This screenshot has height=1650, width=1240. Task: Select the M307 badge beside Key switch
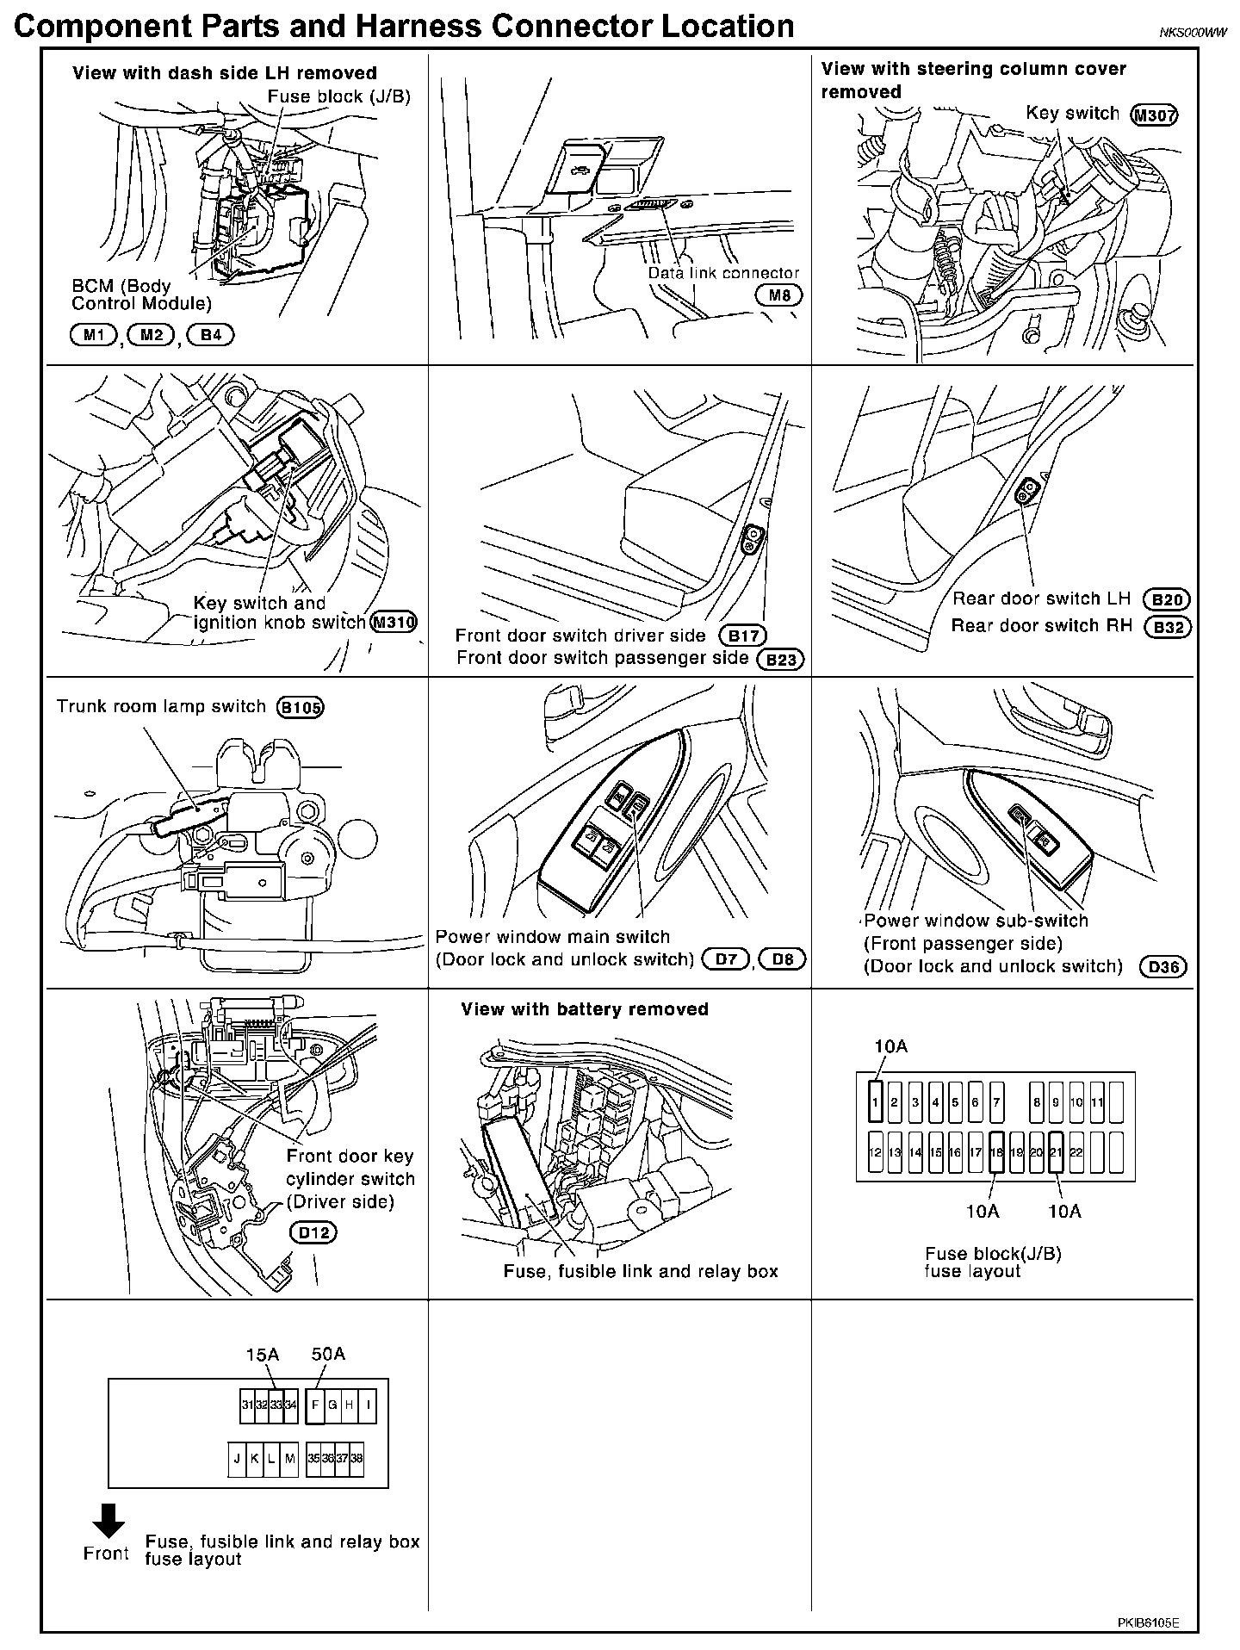pos(1154,115)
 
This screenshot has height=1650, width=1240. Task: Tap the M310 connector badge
pos(394,623)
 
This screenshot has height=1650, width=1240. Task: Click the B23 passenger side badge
pos(780,660)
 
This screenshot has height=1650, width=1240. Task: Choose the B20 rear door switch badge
pos(1167,599)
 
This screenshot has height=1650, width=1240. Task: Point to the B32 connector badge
pos(1168,627)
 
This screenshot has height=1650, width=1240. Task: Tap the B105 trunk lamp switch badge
pos(300,708)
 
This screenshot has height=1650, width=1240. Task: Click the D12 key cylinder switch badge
pos(313,1232)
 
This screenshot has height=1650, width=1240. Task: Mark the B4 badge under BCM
pos(211,334)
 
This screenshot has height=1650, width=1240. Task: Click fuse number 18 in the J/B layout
pos(996,1152)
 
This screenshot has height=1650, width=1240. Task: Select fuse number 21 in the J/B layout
pos(1056,1152)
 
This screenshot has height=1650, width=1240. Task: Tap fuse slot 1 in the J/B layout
pos(875,1102)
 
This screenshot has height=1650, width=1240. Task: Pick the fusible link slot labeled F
pos(315,1405)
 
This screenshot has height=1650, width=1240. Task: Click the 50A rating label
pos(327,1355)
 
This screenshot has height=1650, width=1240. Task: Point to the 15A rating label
pos(262,1355)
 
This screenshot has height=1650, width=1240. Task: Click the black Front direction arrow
pos(108,1520)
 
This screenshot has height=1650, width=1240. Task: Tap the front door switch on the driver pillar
pos(752,539)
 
